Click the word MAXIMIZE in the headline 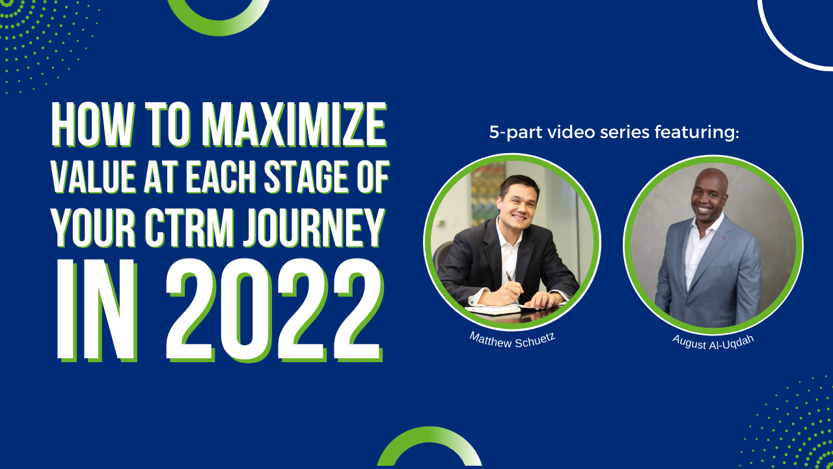[295, 124]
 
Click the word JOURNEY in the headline [314, 228]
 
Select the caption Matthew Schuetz [512, 340]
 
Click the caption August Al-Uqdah [713, 342]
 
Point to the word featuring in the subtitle [696, 132]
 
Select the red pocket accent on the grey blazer [724, 238]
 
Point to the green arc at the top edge [219, 31]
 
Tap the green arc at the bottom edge [430, 432]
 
